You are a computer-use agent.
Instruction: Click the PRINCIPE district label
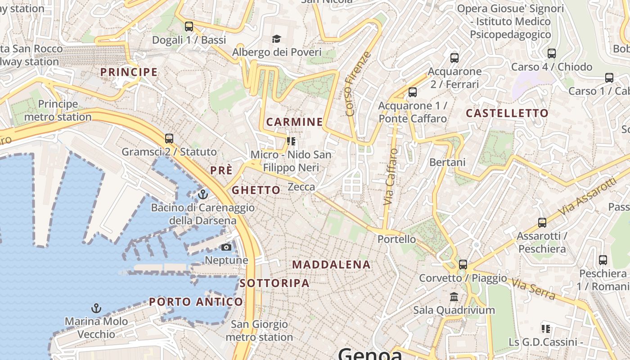point(129,72)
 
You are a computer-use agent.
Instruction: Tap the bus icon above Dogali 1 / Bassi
point(189,27)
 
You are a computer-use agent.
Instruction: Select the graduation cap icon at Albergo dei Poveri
point(276,39)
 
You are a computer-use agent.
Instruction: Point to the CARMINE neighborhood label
point(294,122)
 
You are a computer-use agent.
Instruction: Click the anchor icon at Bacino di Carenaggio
point(203,194)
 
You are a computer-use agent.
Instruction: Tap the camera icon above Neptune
point(226,247)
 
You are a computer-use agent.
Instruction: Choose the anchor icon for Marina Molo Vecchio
point(96,308)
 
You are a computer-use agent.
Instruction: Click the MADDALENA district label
point(332,265)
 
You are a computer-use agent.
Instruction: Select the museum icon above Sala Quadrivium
point(454,297)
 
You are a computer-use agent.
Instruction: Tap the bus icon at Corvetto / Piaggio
point(463,265)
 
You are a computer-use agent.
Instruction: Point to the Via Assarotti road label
point(587,196)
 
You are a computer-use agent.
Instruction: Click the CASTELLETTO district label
point(507,113)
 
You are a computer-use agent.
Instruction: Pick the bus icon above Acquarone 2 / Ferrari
point(454,58)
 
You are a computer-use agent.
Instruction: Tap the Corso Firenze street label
point(358,84)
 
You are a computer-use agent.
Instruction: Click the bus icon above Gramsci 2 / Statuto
point(169,139)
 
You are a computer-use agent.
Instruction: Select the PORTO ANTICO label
point(196,301)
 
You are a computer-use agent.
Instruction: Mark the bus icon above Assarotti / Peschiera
point(542,223)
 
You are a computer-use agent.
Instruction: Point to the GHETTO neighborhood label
point(256,190)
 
